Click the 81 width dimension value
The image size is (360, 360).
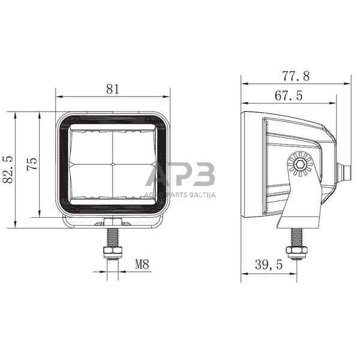[113, 89]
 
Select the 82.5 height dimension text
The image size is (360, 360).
[8, 170]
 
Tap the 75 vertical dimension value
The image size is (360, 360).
[32, 164]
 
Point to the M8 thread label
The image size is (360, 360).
[142, 263]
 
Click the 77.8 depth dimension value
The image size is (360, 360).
[296, 76]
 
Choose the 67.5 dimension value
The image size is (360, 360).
[288, 95]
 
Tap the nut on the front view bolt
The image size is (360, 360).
[112, 250]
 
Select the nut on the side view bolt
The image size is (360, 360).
[296, 250]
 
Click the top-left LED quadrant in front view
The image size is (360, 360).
[91, 146]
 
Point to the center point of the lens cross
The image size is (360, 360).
[113, 164]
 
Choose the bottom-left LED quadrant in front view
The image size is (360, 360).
[91, 181]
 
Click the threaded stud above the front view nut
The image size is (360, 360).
[112, 236]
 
